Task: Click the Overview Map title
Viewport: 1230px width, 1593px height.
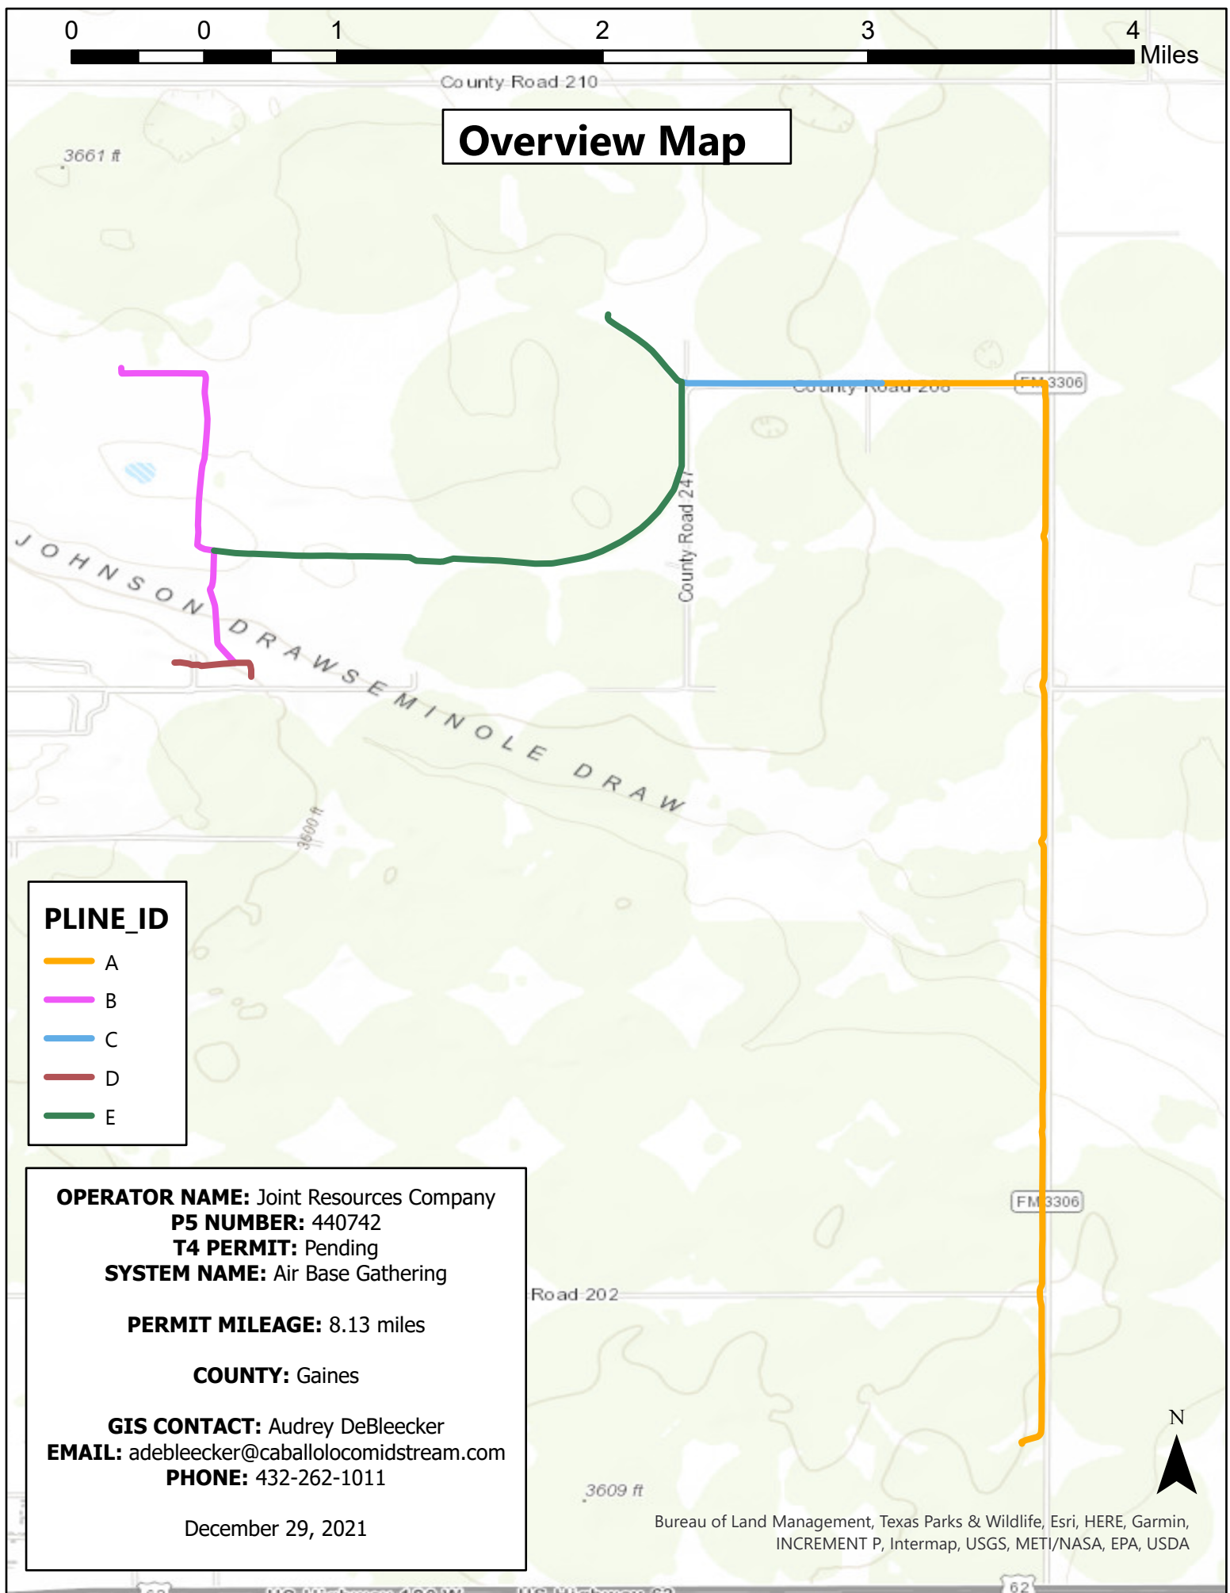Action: (602, 141)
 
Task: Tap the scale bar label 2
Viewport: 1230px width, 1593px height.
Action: (602, 31)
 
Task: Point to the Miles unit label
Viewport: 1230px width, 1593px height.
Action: (1168, 55)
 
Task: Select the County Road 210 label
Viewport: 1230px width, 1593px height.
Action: (518, 82)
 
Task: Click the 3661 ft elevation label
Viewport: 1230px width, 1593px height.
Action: (92, 155)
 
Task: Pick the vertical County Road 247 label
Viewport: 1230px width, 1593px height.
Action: (686, 536)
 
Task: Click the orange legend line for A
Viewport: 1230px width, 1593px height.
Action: (69, 961)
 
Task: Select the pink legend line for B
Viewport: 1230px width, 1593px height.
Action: (69, 1000)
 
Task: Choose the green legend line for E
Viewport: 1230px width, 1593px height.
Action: (69, 1116)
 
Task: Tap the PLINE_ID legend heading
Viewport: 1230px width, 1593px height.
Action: (106, 919)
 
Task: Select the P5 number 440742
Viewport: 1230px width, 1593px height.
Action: (346, 1222)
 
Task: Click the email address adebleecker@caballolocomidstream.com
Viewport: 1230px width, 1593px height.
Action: (317, 1452)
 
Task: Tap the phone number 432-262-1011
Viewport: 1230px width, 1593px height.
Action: (320, 1477)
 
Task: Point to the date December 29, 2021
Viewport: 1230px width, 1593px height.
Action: (276, 1528)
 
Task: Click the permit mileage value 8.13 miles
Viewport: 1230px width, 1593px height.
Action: (376, 1324)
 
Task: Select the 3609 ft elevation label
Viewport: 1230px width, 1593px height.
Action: (613, 1490)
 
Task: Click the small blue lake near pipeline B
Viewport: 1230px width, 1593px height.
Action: (140, 472)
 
